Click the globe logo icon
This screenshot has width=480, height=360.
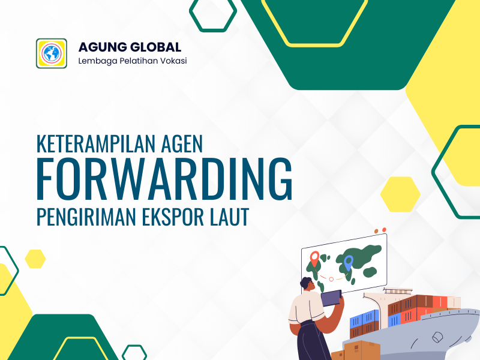coord(52,53)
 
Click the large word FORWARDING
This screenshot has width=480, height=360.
coord(164,179)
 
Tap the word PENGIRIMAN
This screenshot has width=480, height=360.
coord(86,217)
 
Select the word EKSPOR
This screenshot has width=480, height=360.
coord(173,217)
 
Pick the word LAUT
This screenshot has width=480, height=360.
coord(230,217)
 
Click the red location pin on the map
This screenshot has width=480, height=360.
coord(314,259)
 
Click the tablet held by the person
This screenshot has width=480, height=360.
coord(331,298)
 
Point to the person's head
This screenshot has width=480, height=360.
coord(307,284)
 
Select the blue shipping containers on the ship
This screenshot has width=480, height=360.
coord(364,319)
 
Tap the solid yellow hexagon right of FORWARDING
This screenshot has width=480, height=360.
coord(400,194)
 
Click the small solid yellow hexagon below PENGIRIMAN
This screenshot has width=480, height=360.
coord(35,259)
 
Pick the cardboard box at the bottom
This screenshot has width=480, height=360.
coord(362,350)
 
